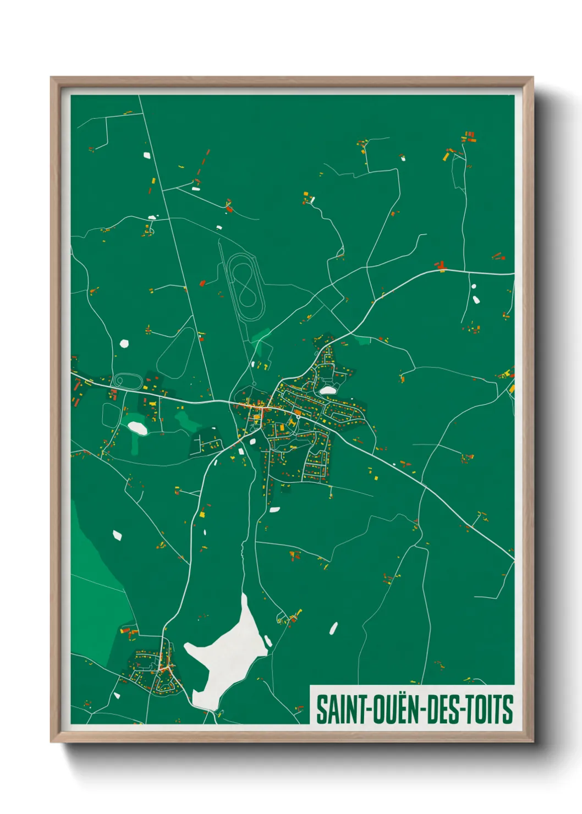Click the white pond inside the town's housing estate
pyautogui.click(x=327, y=390)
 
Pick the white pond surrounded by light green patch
pyautogui.click(x=137, y=428)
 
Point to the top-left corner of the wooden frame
pyautogui.click(x=52, y=78)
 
